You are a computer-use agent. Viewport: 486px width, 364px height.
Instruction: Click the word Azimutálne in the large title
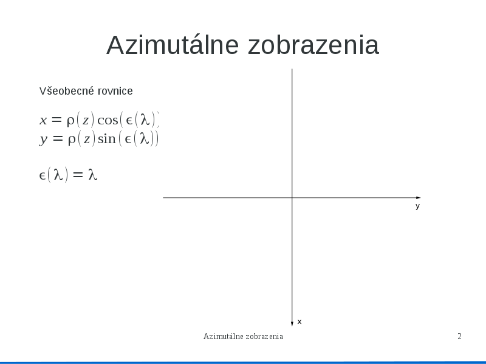[173, 45]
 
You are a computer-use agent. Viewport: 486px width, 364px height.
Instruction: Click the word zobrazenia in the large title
[313, 45]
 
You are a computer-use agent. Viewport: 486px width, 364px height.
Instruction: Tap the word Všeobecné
[67, 91]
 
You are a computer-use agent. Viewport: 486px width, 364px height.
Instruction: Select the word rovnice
[115, 91]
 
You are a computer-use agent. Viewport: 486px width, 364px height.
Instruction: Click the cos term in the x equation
[108, 120]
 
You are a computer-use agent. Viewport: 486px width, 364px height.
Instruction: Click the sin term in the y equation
[107, 139]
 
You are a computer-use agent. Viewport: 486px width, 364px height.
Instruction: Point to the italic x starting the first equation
[43, 120]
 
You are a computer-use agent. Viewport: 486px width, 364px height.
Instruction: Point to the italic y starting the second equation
[43, 140]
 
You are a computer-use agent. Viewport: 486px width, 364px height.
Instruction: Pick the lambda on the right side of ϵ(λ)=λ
[93, 175]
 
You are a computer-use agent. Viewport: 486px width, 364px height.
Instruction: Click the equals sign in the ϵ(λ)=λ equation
[78, 175]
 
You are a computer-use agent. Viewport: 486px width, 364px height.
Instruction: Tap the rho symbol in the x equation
[70, 121]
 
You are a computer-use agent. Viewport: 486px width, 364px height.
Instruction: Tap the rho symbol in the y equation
[72, 140]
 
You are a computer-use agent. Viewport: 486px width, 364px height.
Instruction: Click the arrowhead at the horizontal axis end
[418, 198]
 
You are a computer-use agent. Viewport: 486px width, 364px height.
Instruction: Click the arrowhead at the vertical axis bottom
[292, 324]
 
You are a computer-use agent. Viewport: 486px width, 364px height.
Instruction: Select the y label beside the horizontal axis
[417, 206]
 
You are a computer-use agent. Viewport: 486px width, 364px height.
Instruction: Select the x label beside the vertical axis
[299, 322]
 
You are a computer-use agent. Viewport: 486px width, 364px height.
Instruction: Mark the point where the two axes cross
[292, 198]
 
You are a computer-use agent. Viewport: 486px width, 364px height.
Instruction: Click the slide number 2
[460, 336]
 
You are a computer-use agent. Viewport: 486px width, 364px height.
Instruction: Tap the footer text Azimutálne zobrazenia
[244, 337]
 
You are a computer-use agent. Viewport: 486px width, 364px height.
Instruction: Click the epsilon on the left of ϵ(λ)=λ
[43, 176]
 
